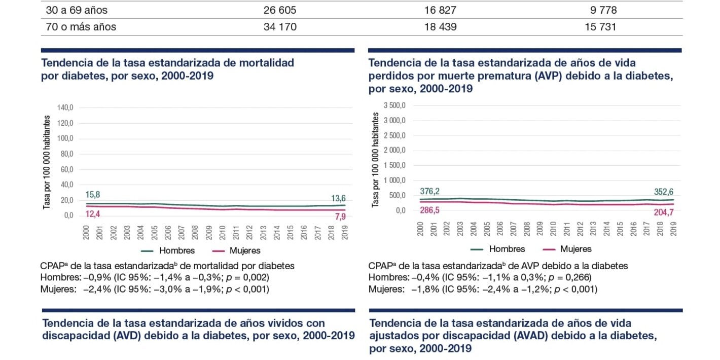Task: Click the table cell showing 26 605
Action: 280,10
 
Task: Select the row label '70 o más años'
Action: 81,27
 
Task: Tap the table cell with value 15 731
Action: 600,27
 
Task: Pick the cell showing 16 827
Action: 440,10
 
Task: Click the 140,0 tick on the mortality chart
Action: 65,107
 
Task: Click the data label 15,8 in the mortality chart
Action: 92,194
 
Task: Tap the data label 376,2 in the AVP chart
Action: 429,191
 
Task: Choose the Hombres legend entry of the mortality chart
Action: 168,250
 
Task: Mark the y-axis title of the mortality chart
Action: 47,162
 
